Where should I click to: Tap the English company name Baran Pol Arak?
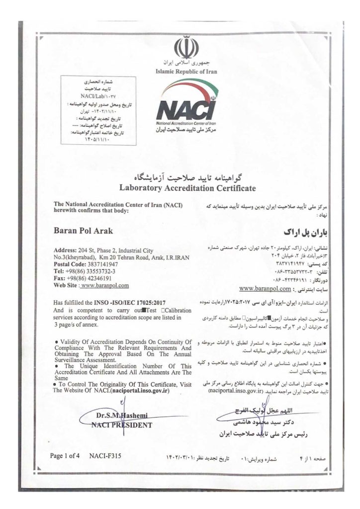point(83,231)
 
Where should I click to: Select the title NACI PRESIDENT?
point(122,425)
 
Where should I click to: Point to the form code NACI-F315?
point(105,455)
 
